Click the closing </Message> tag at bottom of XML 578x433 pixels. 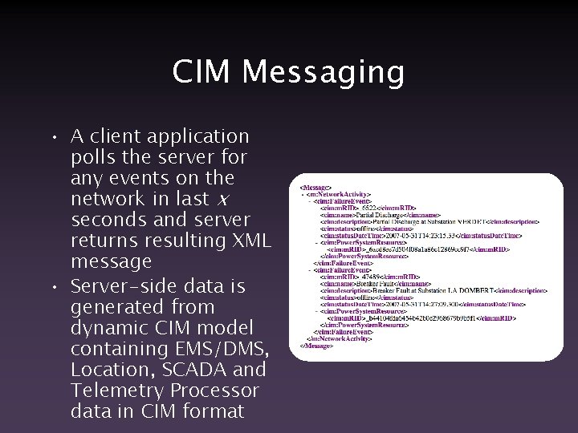click(x=317, y=346)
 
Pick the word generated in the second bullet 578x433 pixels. click(x=115, y=307)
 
